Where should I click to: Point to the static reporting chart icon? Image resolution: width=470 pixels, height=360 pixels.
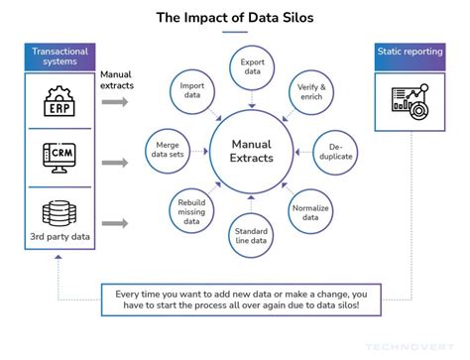[x=409, y=100]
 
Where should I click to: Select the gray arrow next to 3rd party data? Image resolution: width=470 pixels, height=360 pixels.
[x=115, y=223]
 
